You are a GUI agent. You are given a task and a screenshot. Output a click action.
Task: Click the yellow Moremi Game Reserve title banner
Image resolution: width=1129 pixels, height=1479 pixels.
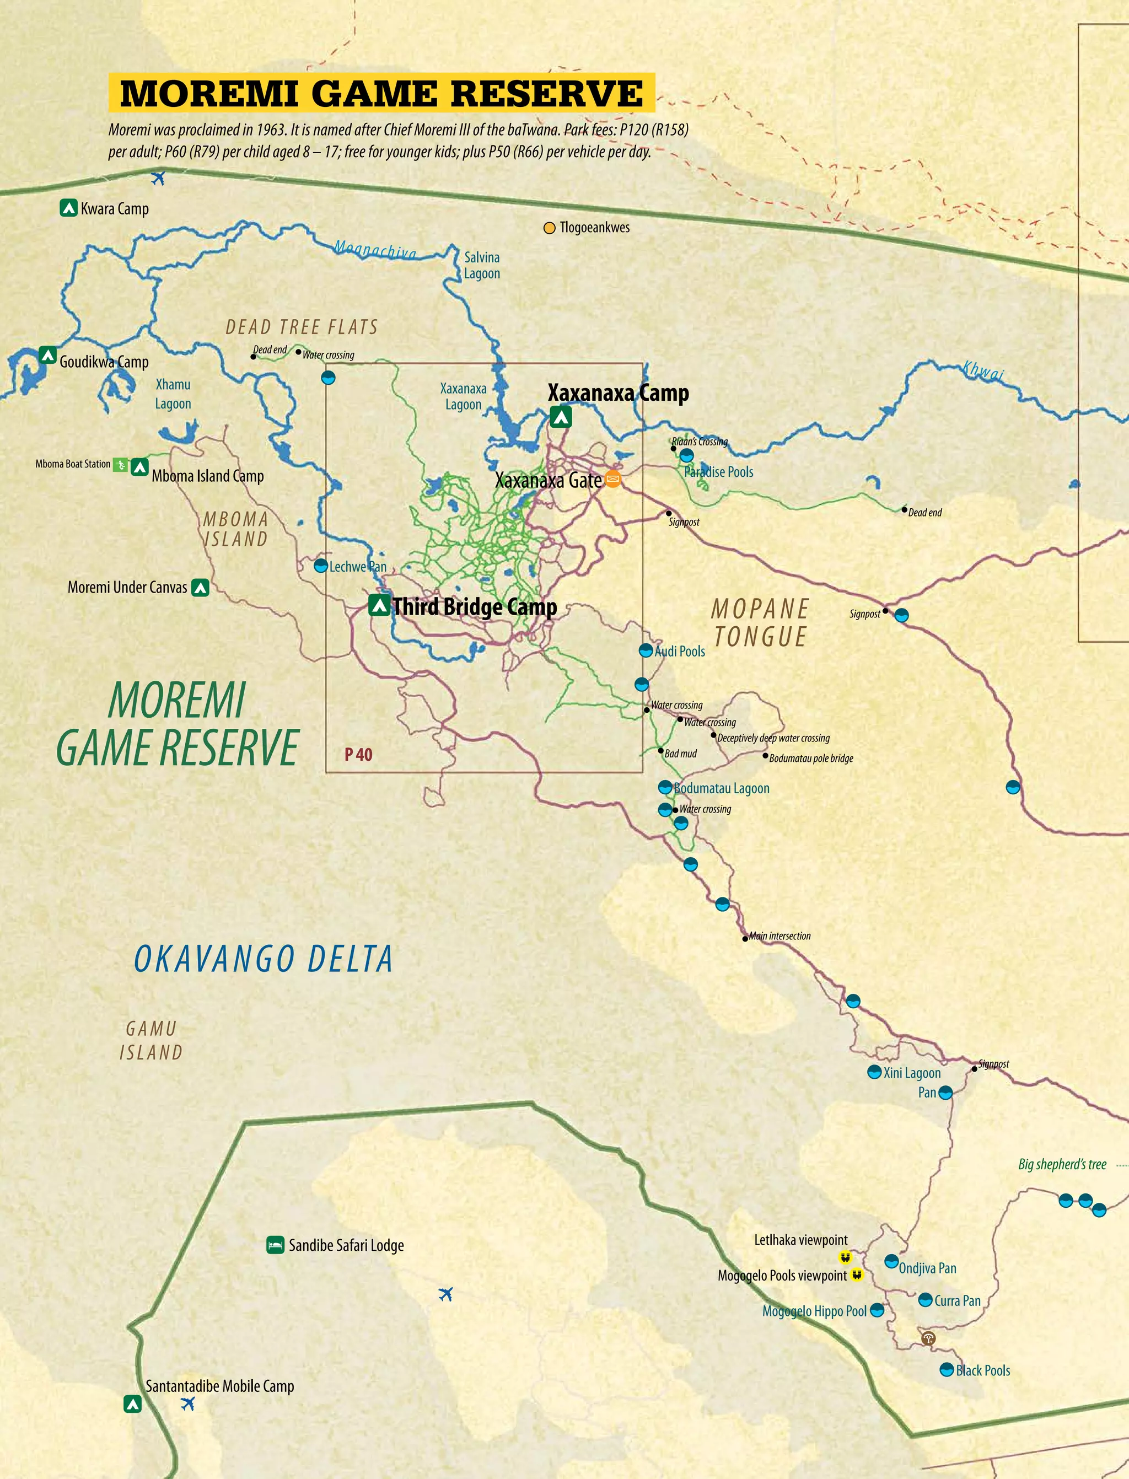(x=381, y=93)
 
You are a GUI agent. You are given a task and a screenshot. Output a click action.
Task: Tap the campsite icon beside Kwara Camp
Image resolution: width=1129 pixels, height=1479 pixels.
(x=68, y=208)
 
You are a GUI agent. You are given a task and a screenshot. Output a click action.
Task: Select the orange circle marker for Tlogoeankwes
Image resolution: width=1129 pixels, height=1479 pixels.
(x=549, y=228)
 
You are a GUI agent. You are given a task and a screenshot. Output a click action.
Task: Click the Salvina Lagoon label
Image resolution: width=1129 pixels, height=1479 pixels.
(x=482, y=265)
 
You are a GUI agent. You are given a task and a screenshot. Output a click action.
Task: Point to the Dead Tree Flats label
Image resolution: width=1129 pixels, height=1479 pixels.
(x=302, y=327)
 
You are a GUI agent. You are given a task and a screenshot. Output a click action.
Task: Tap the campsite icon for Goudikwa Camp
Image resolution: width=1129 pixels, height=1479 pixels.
(x=47, y=355)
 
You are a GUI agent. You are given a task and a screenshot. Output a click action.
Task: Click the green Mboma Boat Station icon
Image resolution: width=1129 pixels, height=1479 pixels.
(x=120, y=464)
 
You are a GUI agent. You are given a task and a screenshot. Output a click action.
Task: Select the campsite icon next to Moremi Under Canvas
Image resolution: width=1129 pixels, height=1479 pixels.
(x=200, y=587)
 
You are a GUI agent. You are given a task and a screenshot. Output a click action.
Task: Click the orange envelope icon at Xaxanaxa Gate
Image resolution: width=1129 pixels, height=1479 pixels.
(x=612, y=479)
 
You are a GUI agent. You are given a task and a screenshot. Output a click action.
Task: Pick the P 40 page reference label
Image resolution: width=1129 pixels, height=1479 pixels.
(x=358, y=755)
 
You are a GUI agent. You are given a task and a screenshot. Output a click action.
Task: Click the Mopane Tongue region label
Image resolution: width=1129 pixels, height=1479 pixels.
(x=760, y=623)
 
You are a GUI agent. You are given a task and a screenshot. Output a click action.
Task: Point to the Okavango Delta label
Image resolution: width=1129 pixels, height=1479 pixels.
(x=264, y=959)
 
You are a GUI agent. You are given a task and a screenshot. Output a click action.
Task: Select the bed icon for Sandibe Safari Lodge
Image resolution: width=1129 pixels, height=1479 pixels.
(x=275, y=1245)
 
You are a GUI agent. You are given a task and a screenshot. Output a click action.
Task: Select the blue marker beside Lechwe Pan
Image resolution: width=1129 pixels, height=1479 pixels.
(x=321, y=566)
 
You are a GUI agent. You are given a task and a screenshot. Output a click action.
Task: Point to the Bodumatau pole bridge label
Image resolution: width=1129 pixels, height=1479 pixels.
(x=811, y=758)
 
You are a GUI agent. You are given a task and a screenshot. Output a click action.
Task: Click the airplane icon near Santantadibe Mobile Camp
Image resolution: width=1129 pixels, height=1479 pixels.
(x=188, y=1403)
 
